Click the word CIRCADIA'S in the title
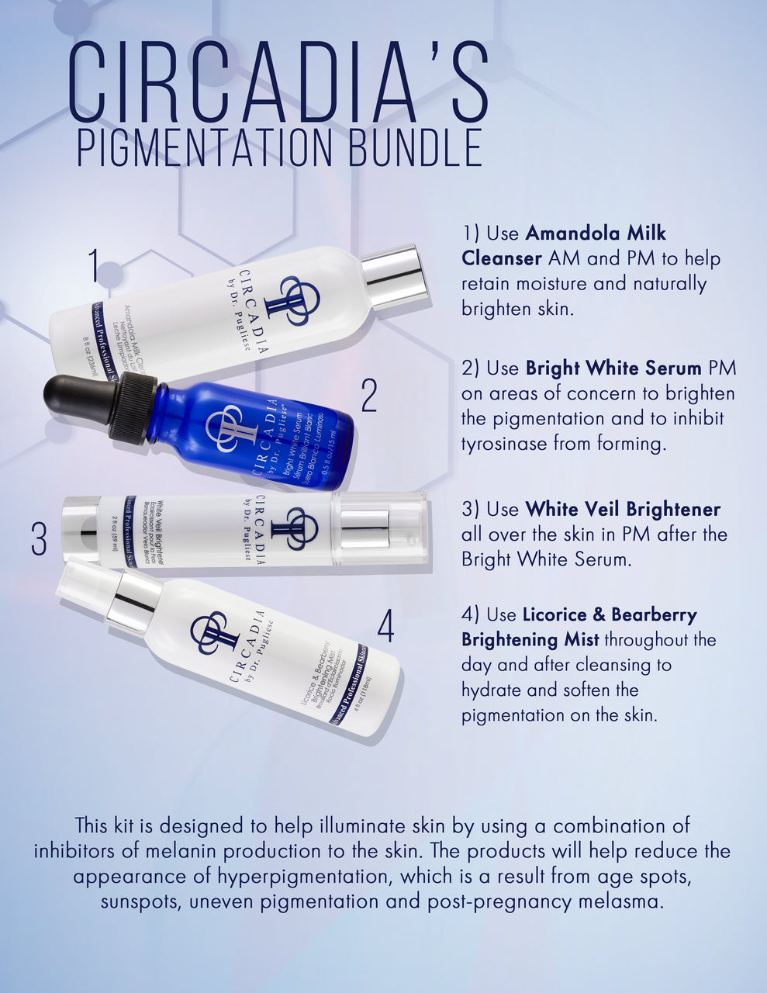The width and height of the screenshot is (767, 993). coord(279,82)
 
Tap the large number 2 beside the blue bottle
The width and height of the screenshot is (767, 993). coord(369,396)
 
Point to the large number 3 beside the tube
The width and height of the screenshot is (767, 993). coord(40,539)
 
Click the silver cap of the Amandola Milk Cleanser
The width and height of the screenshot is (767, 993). coord(394,276)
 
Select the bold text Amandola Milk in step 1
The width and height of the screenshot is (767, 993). coord(596,233)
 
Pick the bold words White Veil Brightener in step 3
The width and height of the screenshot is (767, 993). coord(623,509)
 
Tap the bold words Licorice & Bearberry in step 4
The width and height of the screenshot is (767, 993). coord(610,614)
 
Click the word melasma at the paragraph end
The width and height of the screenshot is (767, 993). coord(624,901)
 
